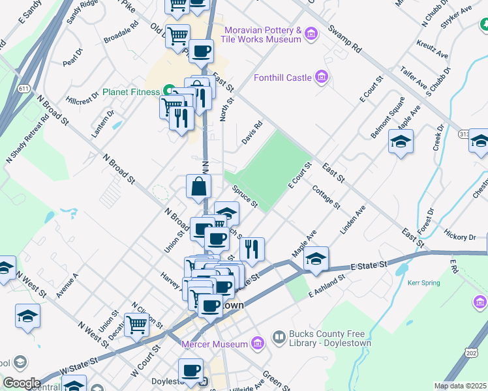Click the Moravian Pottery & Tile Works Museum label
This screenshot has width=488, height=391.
tap(262, 35)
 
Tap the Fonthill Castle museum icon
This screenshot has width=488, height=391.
tap(320, 78)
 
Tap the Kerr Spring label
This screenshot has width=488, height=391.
tap(425, 283)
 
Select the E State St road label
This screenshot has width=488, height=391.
tap(369, 265)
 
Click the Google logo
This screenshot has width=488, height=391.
tap(21, 383)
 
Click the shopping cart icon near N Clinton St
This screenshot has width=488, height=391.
tap(136, 323)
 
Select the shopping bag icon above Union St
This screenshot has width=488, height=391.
tap(198, 186)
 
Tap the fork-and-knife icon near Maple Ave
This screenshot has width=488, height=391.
tap(252, 248)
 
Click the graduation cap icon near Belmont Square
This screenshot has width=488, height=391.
tap(401, 141)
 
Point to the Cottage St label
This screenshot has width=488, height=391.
tap(326, 196)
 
